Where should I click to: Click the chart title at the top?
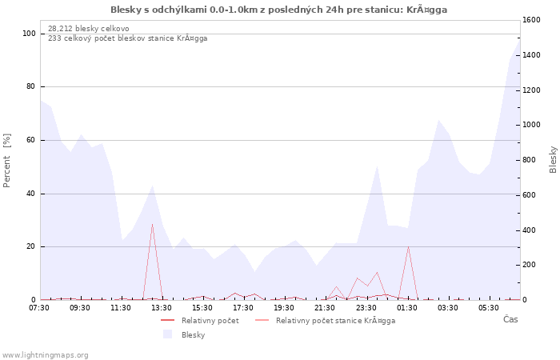(x=278, y=10)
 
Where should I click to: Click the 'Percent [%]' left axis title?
(x=7, y=160)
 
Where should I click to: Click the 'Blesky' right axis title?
(x=553, y=159)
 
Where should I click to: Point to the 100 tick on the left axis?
(x=29, y=34)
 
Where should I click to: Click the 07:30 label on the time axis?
(x=40, y=308)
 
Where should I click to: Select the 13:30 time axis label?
(x=162, y=308)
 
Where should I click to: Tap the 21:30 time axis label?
(x=326, y=308)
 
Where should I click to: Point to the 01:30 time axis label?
(x=407, y=308)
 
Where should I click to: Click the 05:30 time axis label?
(x=489, y=308)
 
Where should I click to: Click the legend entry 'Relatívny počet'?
(x=210, y=321)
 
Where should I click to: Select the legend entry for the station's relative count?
(x=335, y=321)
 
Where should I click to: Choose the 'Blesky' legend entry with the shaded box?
(x=193, y=335)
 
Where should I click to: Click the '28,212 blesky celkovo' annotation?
(x=88, y=29)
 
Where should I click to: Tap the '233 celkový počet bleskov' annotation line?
(x=127, y=38)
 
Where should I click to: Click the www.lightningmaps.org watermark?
(x=45, y=354)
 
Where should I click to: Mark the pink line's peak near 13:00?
(x=152, y=224)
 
